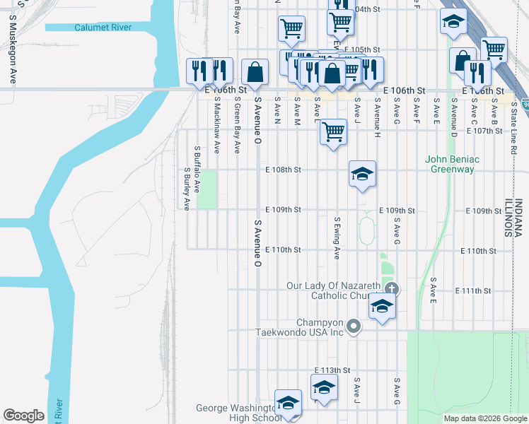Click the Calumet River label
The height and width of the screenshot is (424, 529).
103,28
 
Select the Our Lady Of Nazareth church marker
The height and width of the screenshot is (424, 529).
393,288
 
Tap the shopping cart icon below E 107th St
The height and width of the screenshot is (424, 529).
333,131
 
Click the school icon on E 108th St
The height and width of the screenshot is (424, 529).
362,174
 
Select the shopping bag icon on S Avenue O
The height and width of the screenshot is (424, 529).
255,71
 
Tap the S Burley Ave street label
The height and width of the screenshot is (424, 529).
187,189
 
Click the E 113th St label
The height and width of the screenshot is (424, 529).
332,370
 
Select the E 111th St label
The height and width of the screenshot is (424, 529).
473,290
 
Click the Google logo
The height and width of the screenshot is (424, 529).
24,415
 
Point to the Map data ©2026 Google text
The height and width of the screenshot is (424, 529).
484,418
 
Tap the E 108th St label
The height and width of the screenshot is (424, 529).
283,170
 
